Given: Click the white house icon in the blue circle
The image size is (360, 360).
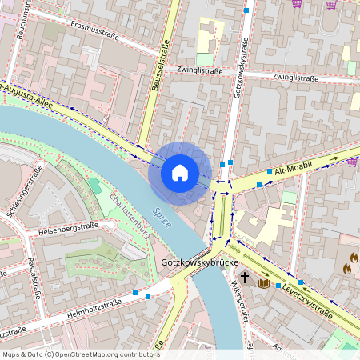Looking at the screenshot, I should tap(180, 172).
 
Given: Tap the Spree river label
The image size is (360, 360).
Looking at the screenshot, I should tap(162, 218).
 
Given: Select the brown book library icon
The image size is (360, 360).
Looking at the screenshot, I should tap(263, 282).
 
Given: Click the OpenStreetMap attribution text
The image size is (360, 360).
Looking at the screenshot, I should tap(80, 354).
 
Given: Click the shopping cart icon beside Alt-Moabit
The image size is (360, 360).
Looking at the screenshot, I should tap(353, 161).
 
